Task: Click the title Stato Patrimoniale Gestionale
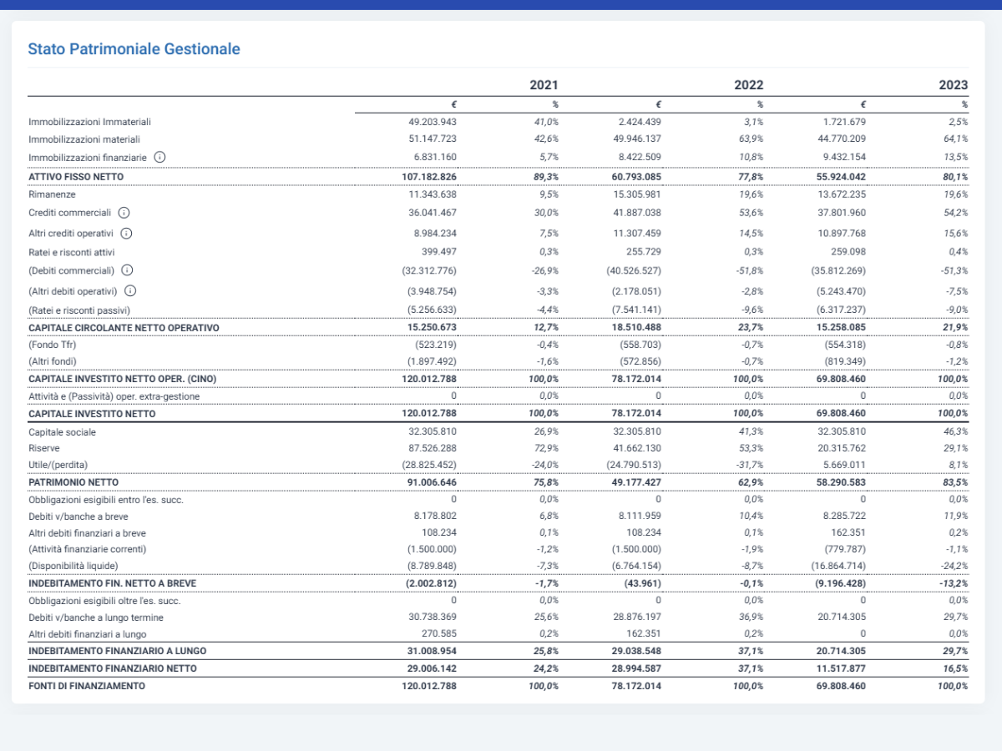point(134,48)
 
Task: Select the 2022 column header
point(748,85)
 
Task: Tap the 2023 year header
point(954,85)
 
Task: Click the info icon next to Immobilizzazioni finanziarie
point(159,158)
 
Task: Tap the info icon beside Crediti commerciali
point(124,213)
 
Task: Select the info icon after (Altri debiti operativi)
point(130,291)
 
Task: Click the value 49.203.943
point(433,122)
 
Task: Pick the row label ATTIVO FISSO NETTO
point(76,177)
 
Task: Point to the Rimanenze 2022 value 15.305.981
point(637,194)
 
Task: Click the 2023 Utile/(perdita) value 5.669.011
point(842,465)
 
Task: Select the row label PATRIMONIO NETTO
point(73,482)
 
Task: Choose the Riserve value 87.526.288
point(433,448)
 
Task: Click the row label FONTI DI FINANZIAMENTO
point(87,686)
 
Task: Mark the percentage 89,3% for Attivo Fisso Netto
point(546,177)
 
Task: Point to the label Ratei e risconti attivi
point(72,252)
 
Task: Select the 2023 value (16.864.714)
point(838,566)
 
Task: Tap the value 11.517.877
point(841,668)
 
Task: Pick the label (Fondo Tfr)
point(52,345)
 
